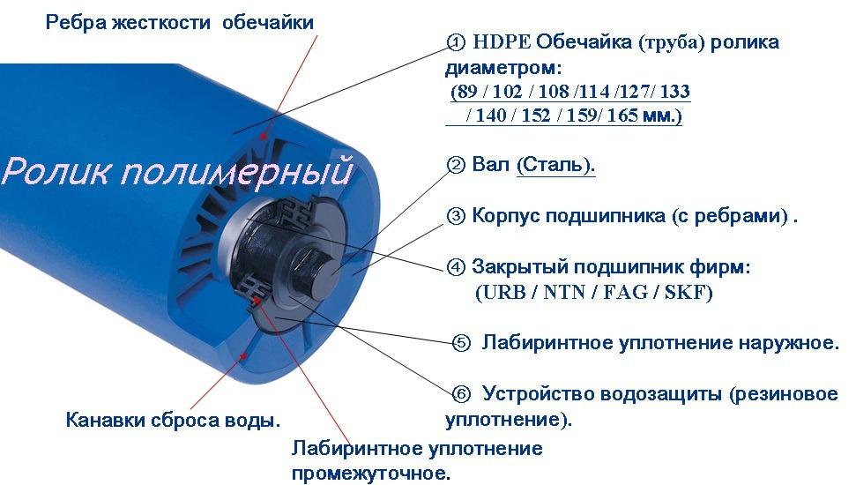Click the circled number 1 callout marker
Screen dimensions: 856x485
pyautogui.click(x=455, y=42)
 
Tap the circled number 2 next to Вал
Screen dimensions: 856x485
pyautogui.click(x=455, y=164)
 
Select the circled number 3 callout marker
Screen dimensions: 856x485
pyautogui.click(x=455, y=216)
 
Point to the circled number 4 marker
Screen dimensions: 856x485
pyautogui.click(x=455, y=267)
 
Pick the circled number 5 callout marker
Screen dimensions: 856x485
pyautogui.click(x=461, y=343)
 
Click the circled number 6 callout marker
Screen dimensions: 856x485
pyautogui.click(x=461, y=394)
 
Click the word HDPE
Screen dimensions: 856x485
pyautogui.click(x=501, y=42)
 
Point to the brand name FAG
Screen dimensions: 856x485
pyautogui.click(x=626, y=293)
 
